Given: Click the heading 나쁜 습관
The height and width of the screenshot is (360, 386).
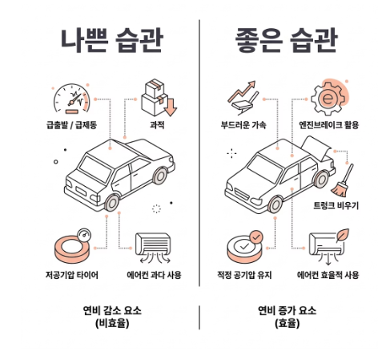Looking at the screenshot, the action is (x=112, y=40).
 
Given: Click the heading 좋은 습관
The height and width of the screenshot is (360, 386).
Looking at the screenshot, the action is (x=287, y=40).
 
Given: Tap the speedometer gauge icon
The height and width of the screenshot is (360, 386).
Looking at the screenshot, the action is (x=72, y=99).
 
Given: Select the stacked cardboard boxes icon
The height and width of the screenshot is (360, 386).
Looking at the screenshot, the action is (x=159, y=98).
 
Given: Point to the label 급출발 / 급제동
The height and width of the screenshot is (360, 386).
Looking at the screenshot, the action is (x=71, y=125).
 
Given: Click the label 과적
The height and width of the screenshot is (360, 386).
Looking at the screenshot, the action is (x=157, y=125).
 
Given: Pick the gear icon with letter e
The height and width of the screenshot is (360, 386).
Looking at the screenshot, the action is (x=329, y=98).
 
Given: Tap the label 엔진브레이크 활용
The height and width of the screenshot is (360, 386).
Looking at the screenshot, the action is (x=328, y=125).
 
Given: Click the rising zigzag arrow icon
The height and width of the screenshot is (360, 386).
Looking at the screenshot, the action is (x=243, y=97).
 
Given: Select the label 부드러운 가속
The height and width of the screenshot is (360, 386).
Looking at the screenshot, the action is (x=243, y=125).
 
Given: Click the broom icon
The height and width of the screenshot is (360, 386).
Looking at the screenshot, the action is (x=343, y=180).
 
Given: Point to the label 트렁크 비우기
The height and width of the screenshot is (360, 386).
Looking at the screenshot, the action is (x=336, y=205).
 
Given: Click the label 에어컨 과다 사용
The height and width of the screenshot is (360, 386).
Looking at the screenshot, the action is (x=154, y=275).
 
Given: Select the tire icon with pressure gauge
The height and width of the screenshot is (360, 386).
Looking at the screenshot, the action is (x=73, y=246).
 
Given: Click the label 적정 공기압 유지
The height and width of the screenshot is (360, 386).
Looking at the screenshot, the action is (x=244, y=275).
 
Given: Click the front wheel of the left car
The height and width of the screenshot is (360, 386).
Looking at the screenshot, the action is (x=112, y=203).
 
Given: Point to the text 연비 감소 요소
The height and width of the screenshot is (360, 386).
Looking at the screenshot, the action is (x=112, y=310).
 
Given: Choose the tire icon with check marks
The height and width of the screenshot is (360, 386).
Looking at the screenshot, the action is (x=245, y=246).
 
